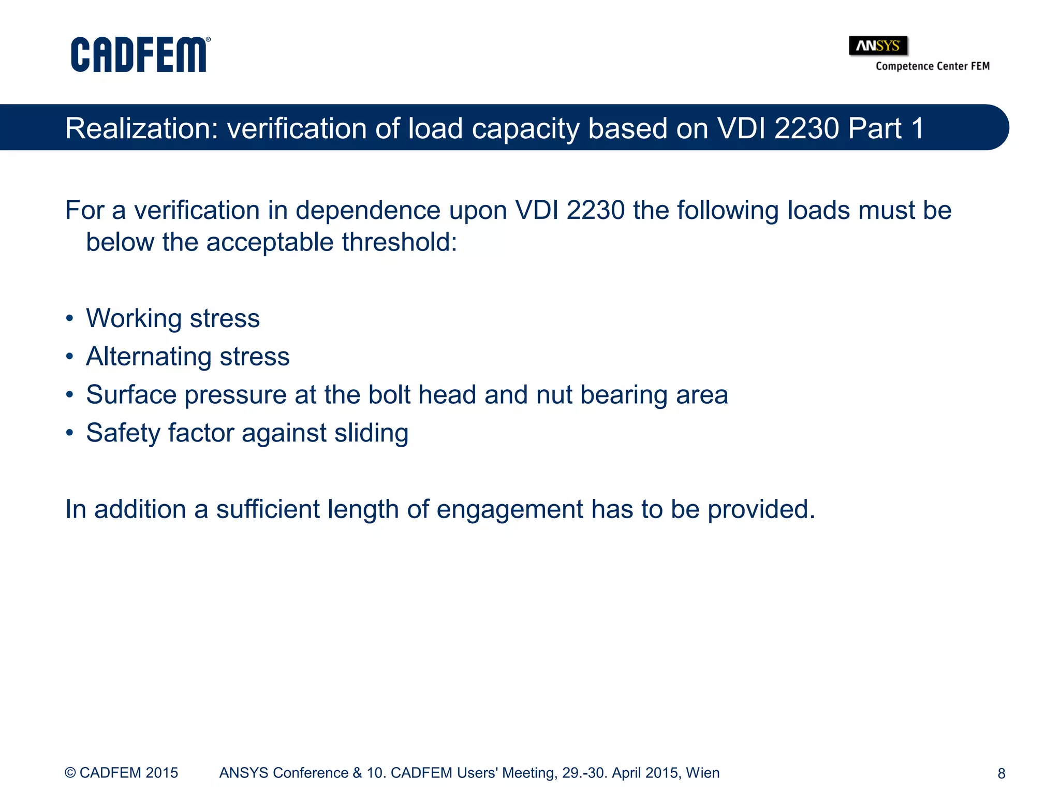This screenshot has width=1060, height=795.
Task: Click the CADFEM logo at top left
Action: click(140, 54)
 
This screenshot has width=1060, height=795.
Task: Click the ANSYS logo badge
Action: click(878, 46)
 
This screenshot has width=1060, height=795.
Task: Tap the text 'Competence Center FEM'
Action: click(932, 66)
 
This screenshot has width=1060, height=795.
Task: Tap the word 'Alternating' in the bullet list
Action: click(149, 357)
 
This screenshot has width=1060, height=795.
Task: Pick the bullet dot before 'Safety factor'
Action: click(70, 433)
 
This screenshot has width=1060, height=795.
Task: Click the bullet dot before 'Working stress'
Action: click(70, 318)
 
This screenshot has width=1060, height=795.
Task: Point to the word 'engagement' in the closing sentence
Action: click(510, 510)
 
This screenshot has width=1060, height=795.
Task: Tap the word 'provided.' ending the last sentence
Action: click(761, 510)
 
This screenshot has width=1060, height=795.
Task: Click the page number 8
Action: click(1001, 773)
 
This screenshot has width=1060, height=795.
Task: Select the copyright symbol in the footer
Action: click(70, 773)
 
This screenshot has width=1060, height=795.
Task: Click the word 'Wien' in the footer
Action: click(702, 773)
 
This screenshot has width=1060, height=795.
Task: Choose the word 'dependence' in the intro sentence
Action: click(368, 211)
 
